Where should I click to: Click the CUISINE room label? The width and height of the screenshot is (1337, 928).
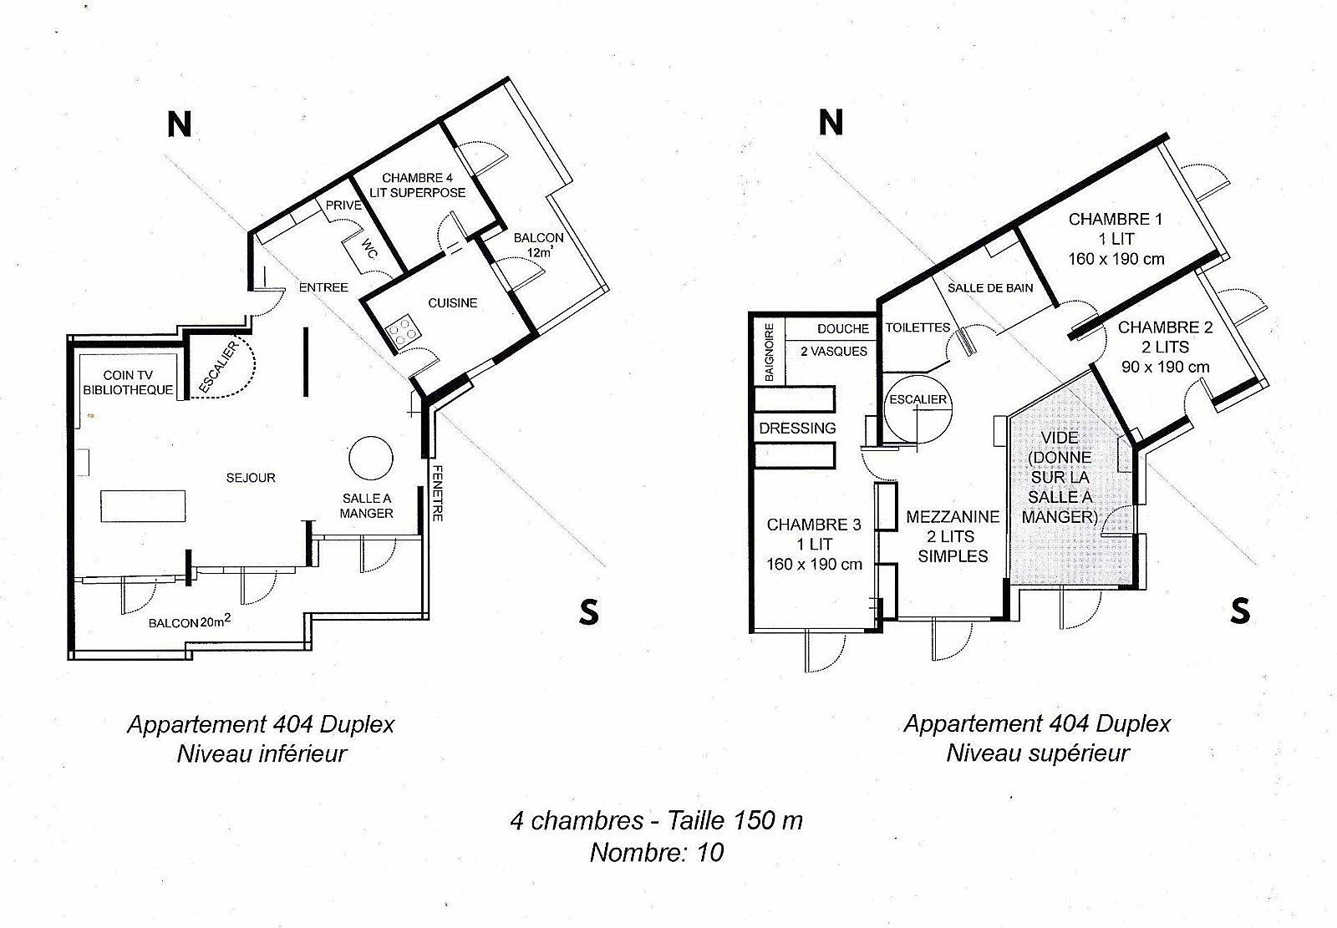point(452,303)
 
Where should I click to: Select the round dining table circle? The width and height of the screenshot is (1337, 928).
point(371,458)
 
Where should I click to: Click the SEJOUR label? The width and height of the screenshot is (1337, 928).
point(251,478)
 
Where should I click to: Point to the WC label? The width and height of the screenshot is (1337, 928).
point(369,248)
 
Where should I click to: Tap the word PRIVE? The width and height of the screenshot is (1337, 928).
point(343,205)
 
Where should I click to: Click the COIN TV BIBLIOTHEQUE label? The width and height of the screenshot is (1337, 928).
point(128,383)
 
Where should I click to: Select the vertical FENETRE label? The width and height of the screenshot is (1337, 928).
point(438,493)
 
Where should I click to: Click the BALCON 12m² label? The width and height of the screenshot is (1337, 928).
point(538,245)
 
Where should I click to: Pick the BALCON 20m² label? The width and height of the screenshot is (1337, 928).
point(189,622)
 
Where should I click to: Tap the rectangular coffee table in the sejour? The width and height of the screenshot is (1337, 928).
point(143,506)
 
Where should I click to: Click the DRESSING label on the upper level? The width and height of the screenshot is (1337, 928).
point(797,429)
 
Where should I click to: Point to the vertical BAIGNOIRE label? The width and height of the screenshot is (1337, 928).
point(770,352)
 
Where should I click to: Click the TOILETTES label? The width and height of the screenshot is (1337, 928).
point(918,327)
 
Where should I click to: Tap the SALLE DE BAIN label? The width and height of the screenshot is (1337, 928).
point(990,287)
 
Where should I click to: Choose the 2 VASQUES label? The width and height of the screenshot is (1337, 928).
point(834,352)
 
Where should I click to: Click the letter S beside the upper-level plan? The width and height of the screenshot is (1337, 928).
point(1240,611)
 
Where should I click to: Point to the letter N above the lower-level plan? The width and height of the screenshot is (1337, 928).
point(179,124)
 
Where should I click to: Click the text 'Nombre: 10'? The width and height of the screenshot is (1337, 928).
point(657,852)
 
